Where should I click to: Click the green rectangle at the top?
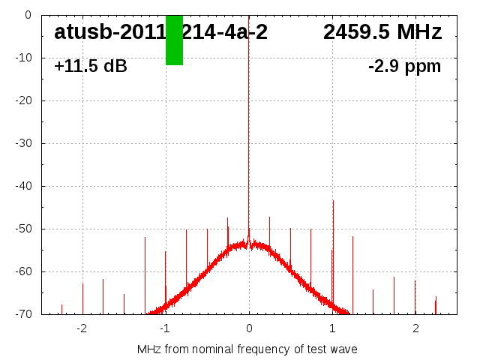coord(174,40)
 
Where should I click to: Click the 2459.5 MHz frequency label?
coord(382,32)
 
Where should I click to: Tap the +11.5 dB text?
coord(91,66)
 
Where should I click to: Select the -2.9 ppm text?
coord(404,66)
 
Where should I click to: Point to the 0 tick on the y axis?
coord(27,15)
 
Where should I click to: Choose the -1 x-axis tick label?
coord(164,328)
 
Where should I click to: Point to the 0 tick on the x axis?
coord(249,328)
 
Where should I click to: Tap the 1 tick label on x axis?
coord(332,328)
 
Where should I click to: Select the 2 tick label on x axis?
coord(415,328)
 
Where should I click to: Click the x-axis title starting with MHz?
coord(247,349)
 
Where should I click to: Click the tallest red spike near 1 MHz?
coord(333,225)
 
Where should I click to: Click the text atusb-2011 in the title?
coord(109,32)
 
